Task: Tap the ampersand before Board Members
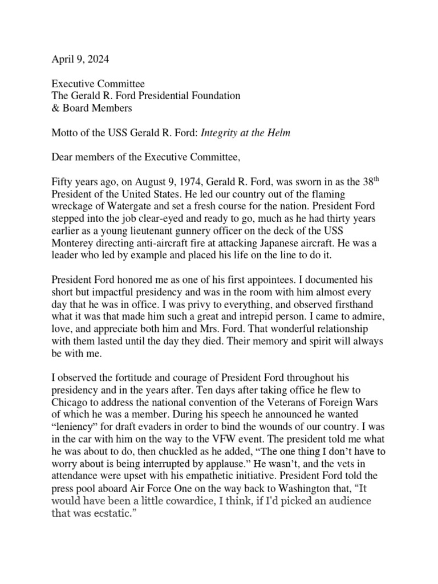[56, 108]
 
